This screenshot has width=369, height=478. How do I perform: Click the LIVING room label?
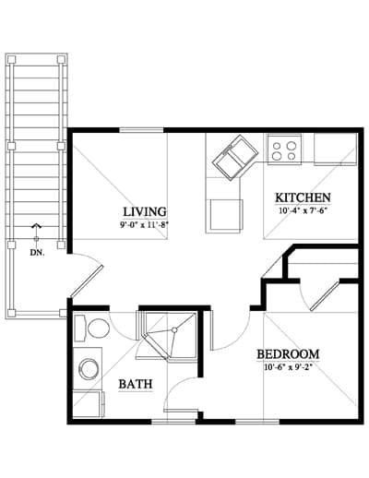(x=145, y=212)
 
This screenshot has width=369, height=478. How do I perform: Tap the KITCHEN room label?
(x=303, y=197)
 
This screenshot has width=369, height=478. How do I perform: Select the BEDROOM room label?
(x=288, y=354)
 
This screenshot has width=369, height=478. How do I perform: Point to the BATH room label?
(x=136, y=384)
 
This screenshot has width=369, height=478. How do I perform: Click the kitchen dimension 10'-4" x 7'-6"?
(x=303, y=211)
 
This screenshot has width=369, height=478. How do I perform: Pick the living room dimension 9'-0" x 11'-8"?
(x=145, y=225)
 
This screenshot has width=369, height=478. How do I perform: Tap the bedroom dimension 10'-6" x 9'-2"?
(x=288, y=367)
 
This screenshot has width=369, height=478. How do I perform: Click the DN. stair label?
(x=37, y=253)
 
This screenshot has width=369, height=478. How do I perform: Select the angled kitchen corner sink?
(x=236, y=158)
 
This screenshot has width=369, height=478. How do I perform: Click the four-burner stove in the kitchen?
(x=284, y=150)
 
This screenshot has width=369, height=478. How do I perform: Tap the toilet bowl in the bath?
(x=99, y=329)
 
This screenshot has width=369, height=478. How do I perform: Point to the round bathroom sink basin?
(x=89, y=369)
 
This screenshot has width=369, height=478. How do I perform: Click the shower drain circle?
(x=174, y=330)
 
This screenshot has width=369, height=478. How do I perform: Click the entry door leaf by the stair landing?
(x=87, y=281)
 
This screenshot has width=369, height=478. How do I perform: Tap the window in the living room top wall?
(x=142, y=130)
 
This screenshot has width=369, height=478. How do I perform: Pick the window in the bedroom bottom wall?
(x=257, y=422)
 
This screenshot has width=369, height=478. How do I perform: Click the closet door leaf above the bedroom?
(x=325, y=294)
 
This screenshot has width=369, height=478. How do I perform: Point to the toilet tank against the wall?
(x=80, y=329)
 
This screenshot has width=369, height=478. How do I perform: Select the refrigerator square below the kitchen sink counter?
(x=224, y=216)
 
